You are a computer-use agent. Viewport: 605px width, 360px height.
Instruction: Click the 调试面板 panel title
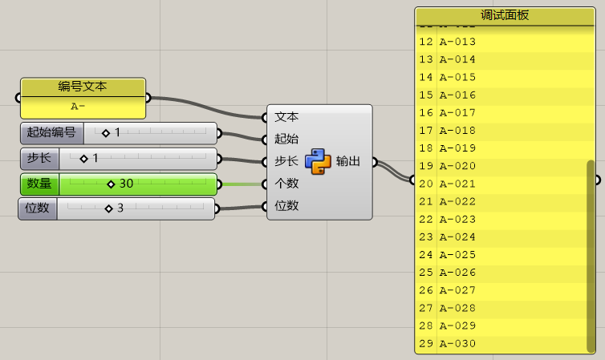[x=505, y=15]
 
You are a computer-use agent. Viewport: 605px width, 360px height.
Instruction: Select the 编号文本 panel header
[x=82, y=87]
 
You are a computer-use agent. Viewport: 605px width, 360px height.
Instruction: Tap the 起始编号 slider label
[x=51, y=132]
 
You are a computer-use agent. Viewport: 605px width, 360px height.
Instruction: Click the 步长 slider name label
[x=39, y=158]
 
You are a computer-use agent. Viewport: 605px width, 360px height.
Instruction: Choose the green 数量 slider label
[x=39, y=184]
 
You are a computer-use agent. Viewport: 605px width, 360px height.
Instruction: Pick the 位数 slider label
[x=38, y=209]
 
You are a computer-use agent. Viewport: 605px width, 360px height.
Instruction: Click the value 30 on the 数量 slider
[x=126, y=184]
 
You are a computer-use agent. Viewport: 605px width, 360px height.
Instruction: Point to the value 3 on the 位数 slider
[x=120, y=209]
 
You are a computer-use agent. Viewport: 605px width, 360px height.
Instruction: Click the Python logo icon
[x=319, y=161]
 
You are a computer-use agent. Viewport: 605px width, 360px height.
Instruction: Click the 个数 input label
[x=286, y=184]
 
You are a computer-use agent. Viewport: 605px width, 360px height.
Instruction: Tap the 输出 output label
[x=347, y=161]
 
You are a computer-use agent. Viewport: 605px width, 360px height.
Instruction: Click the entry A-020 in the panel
[x=457, y=166]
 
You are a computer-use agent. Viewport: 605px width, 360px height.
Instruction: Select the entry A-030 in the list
[x=457, y=344]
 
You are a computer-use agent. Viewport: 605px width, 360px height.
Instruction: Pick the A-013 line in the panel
[x=457, y=42]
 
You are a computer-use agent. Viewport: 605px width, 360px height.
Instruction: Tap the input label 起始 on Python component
[x=286, y=139]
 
